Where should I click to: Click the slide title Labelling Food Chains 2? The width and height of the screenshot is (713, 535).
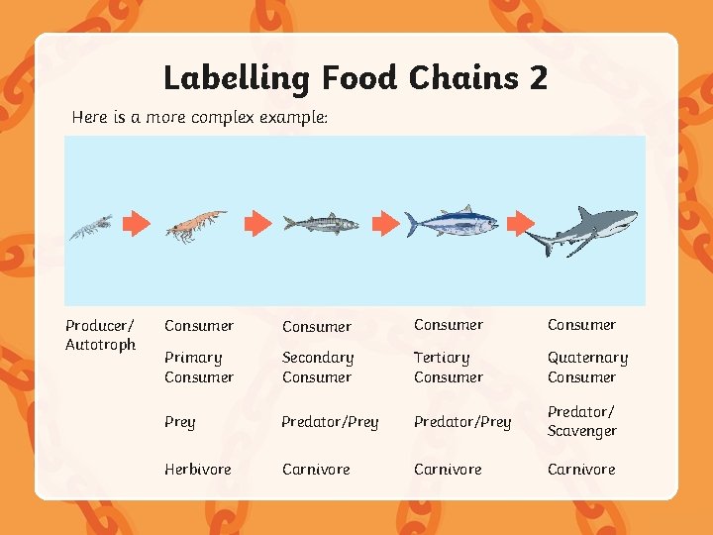click(x=355, y=77)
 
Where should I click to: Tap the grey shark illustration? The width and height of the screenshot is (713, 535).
click(x=585, y=230)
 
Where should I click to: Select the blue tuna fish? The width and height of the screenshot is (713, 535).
click(x=452, y=223)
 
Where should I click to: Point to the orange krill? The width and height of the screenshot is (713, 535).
click(x=195, y=225)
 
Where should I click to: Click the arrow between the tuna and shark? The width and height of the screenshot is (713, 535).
click(x=519, y=223)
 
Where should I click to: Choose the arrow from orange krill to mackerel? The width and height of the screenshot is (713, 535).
click(x=257, y=223)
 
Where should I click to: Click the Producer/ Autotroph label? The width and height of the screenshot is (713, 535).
click(x=100, y=335)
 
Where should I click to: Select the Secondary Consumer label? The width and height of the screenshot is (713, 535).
click(x=318, y=367)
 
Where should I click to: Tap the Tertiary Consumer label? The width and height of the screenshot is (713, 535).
click(x=449, y=367)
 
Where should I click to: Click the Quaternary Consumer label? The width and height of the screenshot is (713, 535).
click(x=587, y=367)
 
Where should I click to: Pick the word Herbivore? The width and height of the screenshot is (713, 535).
click(x=197, y=469)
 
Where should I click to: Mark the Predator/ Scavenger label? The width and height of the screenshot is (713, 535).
click(x=582, y=421)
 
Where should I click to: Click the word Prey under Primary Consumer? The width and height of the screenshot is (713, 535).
click(x=180, y=422)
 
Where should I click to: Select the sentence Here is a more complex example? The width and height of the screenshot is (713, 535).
click(x=199, y=117)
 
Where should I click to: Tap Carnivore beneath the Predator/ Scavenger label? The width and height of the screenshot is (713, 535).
click(x=581, y=469)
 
